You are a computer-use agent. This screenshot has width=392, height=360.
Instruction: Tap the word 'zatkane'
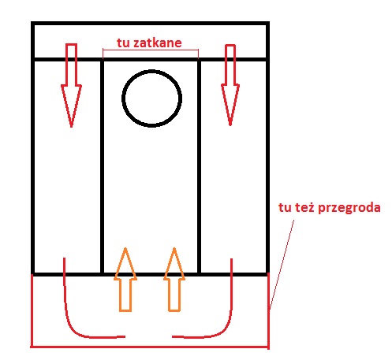pyautogui.click(x=158, y=43)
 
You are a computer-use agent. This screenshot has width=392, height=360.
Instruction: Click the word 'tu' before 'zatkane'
pyautogui.click(x=123, y=43)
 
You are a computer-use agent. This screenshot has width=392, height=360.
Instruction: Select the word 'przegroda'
pyautogui.click(x=349, y=208)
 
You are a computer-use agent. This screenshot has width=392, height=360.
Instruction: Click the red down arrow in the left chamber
pyautogui.click(x=71, y=85)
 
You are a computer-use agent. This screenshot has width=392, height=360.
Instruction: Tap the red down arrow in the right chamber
pyautogui.click(x=230, y=85)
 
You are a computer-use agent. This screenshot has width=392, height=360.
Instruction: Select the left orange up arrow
pyautogui.click(x=125, y=280)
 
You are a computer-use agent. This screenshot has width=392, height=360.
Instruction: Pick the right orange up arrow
pyautogui.click(x=174, y=280)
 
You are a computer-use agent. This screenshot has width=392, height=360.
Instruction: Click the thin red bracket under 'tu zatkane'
pyautogui.click(x=151, y=50)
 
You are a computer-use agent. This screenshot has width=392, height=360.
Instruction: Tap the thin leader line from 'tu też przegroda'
pyautogui.click(x=282, y=264)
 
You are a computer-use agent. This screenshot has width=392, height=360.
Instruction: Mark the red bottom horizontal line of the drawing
pyautogui.click(x=150, y=347)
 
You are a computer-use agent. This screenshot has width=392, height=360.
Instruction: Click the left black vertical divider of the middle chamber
pyautogui.click(x=103, y=167)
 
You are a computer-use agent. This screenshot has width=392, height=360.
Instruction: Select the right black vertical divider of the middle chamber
pyautogui.click(x=199, y=167)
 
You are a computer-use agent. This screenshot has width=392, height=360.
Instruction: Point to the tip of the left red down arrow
pyautogui.click(x=71, y=128)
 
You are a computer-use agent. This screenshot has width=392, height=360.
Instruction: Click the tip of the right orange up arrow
pyautogui.click(x=174, y=248)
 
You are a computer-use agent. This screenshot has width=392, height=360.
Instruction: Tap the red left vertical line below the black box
pyautogui.click(x=32, y=311)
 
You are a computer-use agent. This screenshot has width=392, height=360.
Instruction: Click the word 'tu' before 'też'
pyautogui.click(x=285, y=208)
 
